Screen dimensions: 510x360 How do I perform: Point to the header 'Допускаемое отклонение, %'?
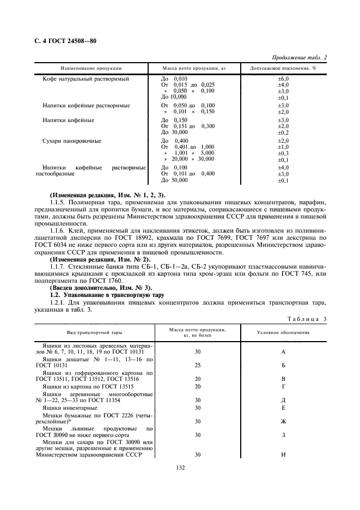coord(283,69)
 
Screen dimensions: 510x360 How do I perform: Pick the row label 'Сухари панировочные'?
coord(72,141)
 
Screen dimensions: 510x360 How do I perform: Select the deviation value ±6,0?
coord(283,79)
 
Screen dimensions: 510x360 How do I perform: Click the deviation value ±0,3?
coord(283,153)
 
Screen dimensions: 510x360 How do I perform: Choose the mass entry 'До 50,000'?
coord(174,180)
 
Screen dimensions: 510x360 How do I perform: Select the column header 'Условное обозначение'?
coord(283,332)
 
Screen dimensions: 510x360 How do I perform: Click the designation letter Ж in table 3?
coord(283,421)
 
